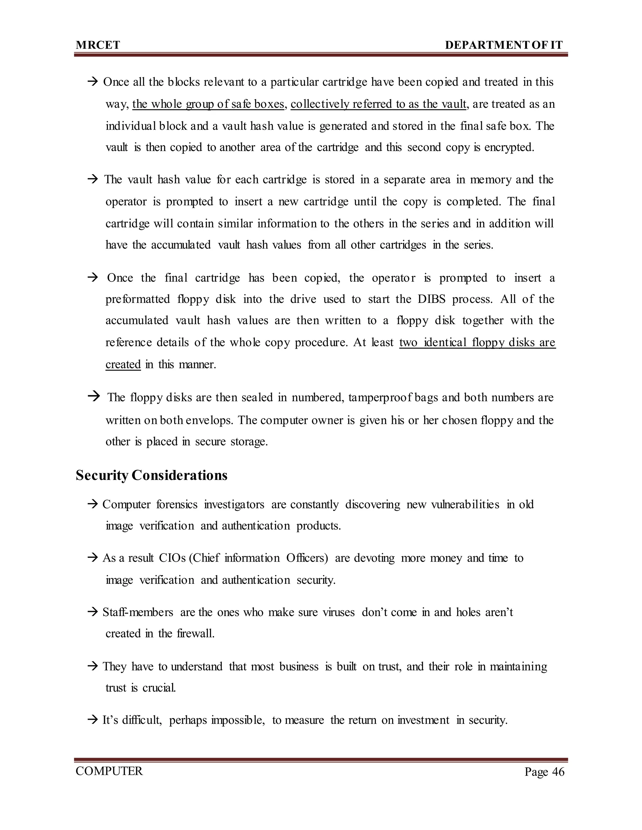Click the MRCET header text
click(x=98, y=45)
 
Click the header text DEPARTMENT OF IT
click(x=503, y=45)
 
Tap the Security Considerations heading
click(x=151, y=475)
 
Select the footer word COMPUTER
click(x=109, y=771)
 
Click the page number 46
click(x=558, y=772)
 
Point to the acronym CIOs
click(x=172, y=558)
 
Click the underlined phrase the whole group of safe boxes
click(x=208, y=104)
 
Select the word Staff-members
click(x=138, y=612)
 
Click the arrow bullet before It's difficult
click(x=93, y=720)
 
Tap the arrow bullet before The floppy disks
click(x=93, y=397)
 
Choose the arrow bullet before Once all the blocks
click(x=93, y=82)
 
